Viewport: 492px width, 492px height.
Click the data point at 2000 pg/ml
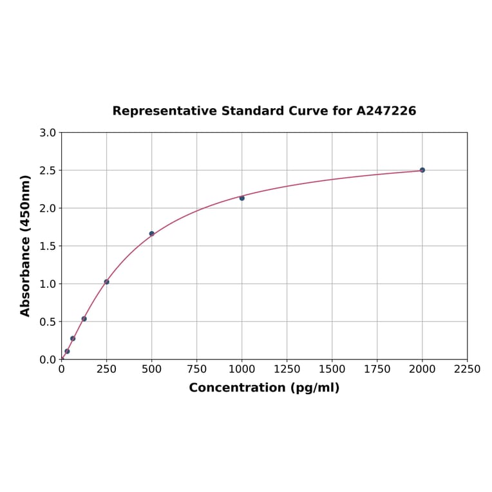(422, 170)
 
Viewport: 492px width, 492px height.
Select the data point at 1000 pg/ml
(241, 198)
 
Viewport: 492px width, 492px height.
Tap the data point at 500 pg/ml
(151, 234)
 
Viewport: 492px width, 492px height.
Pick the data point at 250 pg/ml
(106, 281)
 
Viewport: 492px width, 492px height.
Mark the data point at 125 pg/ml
(84, 319)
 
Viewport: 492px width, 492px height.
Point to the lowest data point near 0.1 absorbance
(67, 351)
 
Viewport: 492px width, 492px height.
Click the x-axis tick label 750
(196, 370)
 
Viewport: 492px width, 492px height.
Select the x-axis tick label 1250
(287, 370)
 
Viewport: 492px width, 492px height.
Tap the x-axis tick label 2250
(467, 370)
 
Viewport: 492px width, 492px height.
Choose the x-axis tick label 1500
(332, 370)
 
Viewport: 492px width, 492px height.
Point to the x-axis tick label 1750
(377, 370)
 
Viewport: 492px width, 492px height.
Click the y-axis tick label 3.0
(48, 133)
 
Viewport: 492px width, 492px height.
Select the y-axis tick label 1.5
(48, 246)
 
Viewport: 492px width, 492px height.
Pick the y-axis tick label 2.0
(48, 208)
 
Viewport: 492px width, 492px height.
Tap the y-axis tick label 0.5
(48, 321)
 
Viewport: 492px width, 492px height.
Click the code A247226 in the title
(386, 111)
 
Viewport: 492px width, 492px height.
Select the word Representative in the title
(164, 111)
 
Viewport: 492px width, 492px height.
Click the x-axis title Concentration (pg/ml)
(264, 388)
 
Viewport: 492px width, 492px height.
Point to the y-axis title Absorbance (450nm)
(26, 245)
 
